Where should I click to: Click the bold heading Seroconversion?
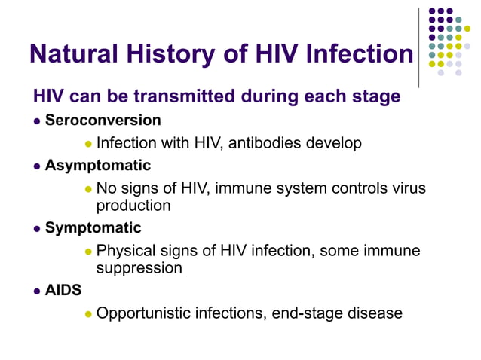[103, 121]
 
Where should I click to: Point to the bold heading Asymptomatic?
[98, 165]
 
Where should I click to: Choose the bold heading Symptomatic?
[93, 227]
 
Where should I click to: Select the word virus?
[406, 188]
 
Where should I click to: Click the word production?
[133, 205]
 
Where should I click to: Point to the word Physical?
[126, 250]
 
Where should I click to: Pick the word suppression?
[139, 267]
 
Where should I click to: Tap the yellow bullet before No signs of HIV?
[87, 188]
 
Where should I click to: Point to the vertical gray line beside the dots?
[418, 45]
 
